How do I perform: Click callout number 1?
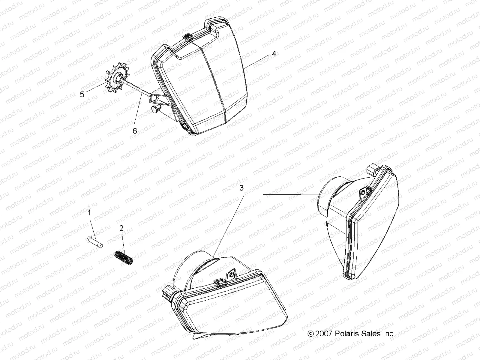[89, 212]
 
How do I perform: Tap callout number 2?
[121, 228]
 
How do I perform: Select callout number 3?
[241, 188]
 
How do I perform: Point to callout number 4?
[274, 54]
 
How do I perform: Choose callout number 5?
[82, 94]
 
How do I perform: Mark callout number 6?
[135, 131]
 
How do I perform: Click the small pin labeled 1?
[94, 242]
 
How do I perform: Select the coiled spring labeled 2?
[124, 258]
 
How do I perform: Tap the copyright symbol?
[310, 334]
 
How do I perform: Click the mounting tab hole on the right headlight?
[363, 192]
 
